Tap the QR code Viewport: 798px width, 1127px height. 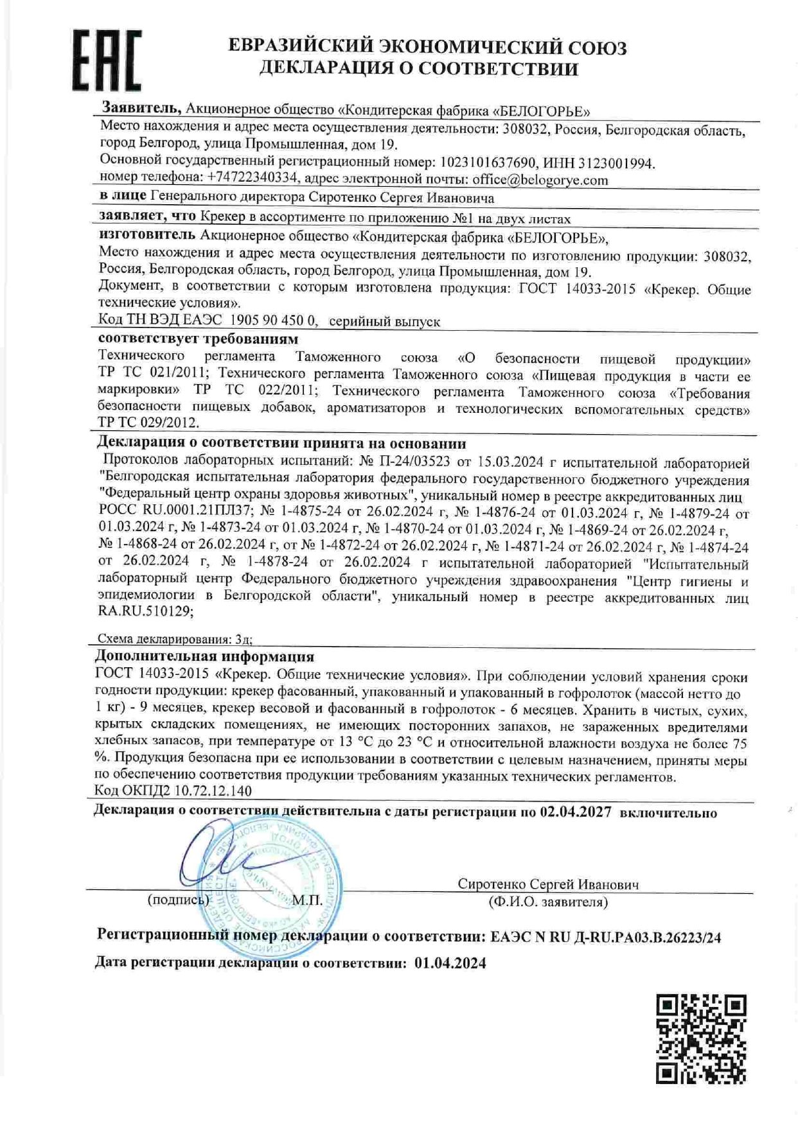(701, 1038)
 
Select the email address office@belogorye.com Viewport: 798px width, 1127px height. (540, 180)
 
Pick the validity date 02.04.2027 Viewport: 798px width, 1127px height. (575, 812)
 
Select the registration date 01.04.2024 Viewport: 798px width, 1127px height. (450, 963)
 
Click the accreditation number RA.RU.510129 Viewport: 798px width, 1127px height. (145, 613)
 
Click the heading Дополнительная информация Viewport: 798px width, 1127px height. (205, 656)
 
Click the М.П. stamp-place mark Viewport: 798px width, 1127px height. (307, 900)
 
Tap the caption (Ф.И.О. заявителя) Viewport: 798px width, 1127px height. (547, 902)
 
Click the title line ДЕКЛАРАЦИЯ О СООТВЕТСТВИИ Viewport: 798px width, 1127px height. (418, 69)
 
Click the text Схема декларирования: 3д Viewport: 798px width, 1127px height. (174, 639)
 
